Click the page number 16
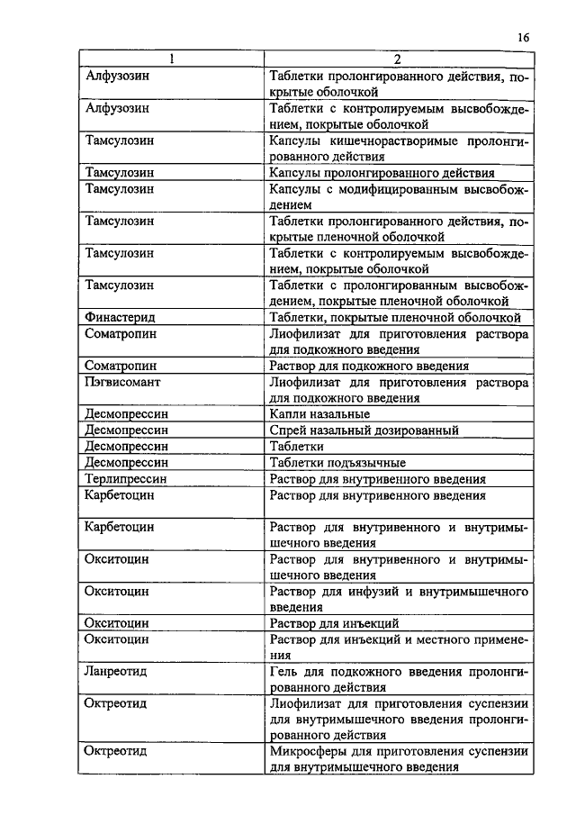tap(524, 37)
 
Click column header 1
tap(173, 60)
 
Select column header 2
tap(397, 60)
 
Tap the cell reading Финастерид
tap(120, 317)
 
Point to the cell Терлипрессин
tap(126, 479)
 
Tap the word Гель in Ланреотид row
tap(283, 672)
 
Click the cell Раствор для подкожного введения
tap(369, 366)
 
